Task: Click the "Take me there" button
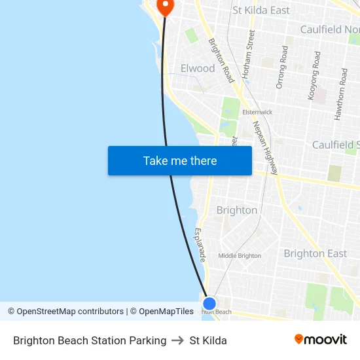[x=180, y=161]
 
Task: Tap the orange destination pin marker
[x=165, y=7]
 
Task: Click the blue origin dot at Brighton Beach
[x=209, y=304]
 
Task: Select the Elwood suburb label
[x=198, y=68]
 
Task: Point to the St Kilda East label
[x=261, y=10]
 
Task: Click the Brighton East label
[x=315, y=253]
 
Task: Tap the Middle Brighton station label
[x=240, y=256]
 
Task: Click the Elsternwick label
[x=257, y=112]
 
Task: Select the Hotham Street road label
[x=248, y=54]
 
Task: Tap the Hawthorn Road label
[x=340, y=94]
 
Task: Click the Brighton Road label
[x=221, y=60]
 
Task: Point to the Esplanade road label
[x=200, y=245]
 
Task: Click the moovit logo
[x=320, y=340]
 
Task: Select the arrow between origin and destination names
[x=178, y=340]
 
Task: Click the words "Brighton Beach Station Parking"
[x=90, y=340]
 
